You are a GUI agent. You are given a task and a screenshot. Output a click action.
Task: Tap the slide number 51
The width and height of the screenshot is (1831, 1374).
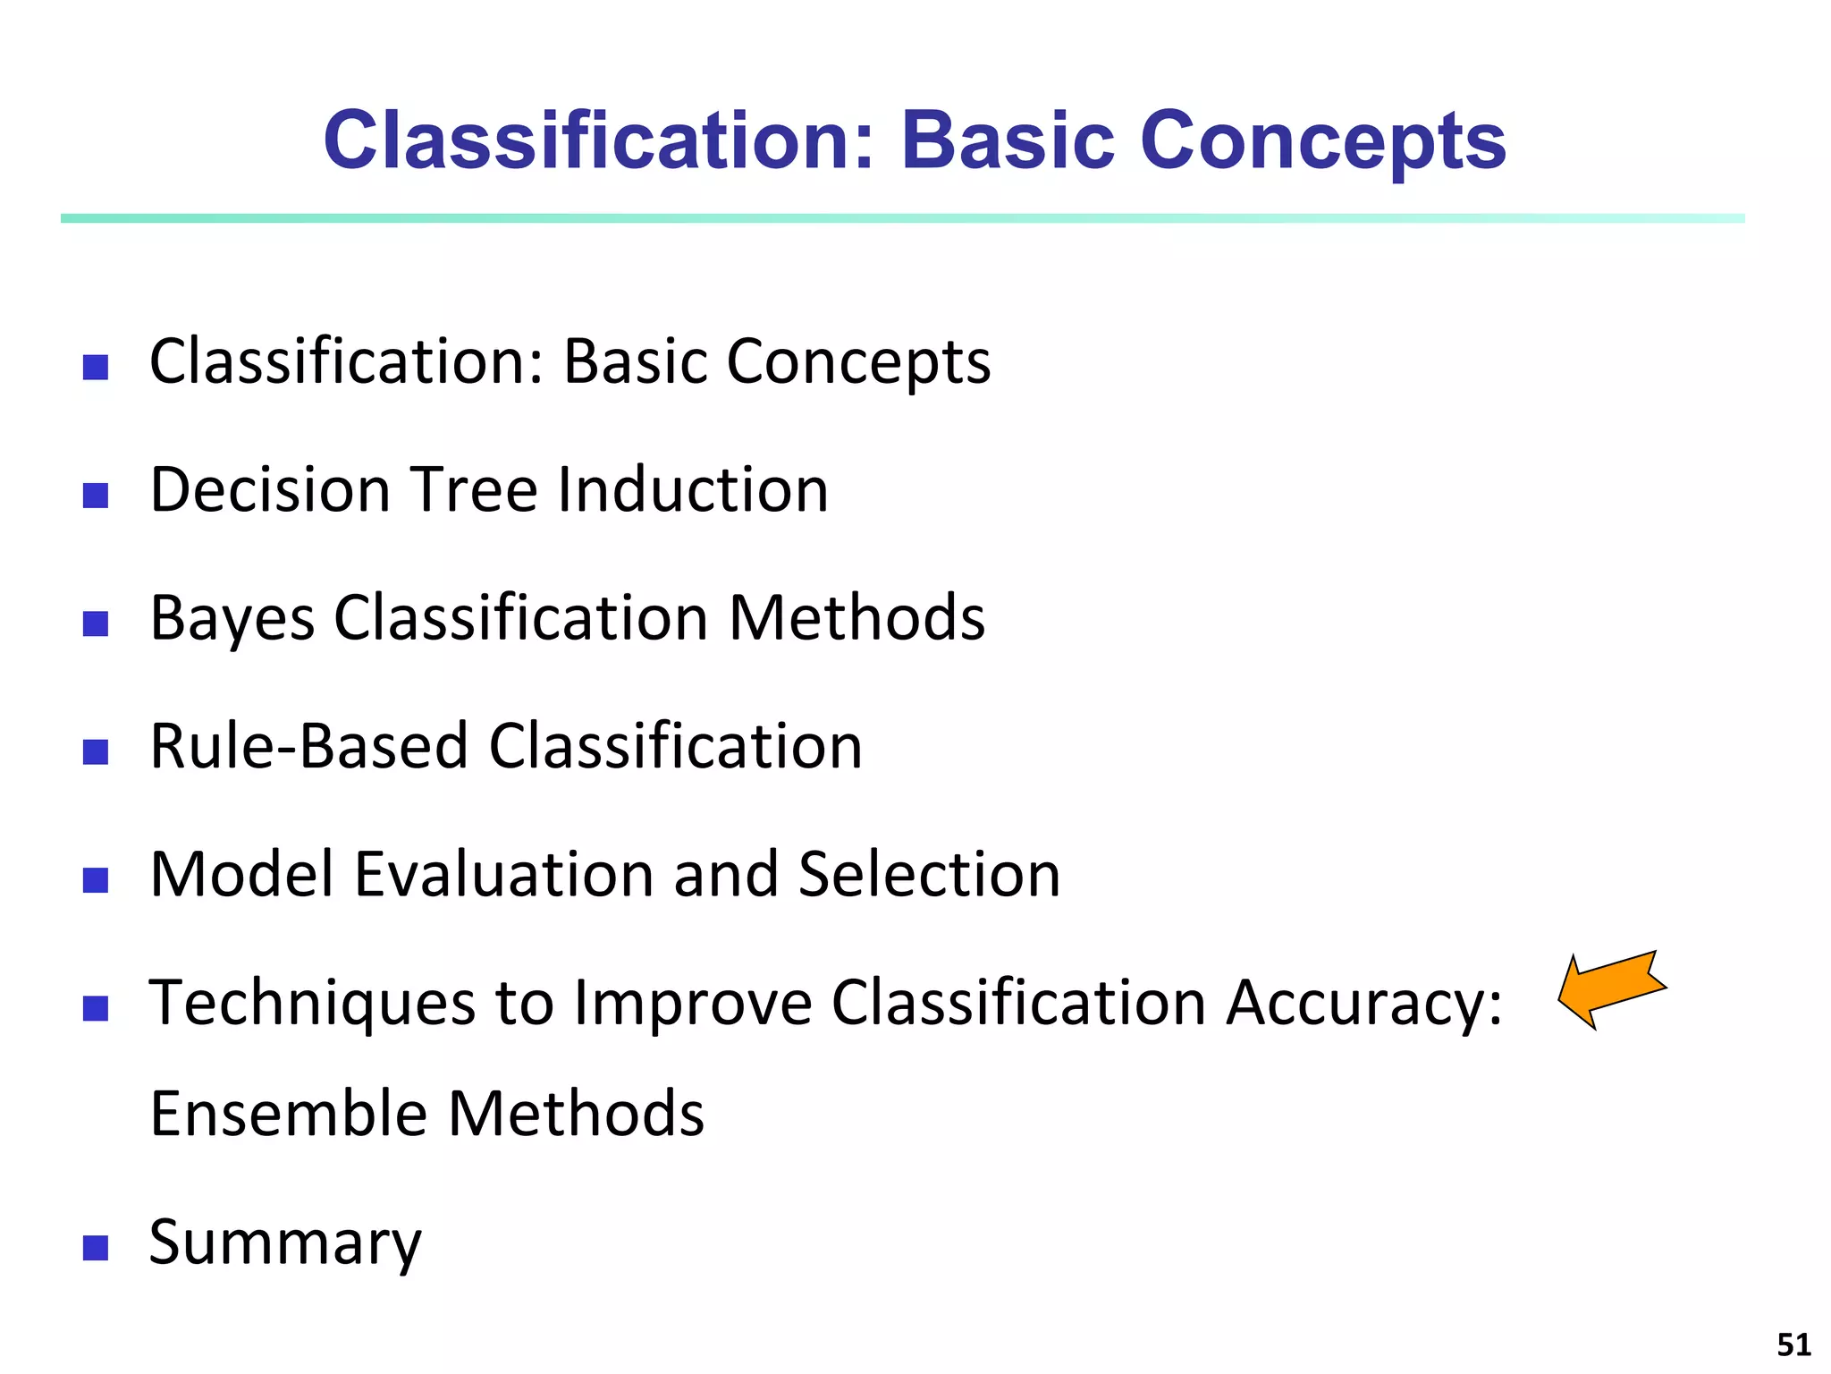tap(1793, 1344)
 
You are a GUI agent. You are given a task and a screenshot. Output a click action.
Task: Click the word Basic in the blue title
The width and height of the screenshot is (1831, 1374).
tap(1008, 141)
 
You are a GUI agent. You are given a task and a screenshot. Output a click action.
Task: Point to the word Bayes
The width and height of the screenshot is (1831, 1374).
tap(232, 619)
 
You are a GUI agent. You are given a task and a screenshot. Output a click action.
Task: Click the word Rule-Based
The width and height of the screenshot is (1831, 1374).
tap(308, 746)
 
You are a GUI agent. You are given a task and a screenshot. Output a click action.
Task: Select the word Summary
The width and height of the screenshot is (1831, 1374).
tap(284, 1243)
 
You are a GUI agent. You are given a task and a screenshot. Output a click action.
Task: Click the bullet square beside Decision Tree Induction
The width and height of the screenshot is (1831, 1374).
tap(96, 495)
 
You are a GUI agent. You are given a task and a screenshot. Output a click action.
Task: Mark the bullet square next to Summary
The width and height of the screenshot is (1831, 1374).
tap(96, 1248)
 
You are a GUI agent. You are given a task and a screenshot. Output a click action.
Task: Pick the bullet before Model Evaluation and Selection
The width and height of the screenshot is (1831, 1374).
tap(96, 880)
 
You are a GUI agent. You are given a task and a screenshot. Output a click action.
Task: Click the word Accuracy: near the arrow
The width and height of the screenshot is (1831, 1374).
tap(1363, 1004)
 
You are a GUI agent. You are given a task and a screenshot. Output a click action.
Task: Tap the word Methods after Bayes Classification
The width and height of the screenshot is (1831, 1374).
tap(856, 618)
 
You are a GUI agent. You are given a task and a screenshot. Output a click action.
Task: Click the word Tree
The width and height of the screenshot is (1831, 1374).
tap(474, 490)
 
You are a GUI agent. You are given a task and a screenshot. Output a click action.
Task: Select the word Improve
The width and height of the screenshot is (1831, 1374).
tap(693, 1004)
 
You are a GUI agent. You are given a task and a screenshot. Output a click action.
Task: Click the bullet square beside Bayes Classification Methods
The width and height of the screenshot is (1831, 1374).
tap(96, 623)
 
